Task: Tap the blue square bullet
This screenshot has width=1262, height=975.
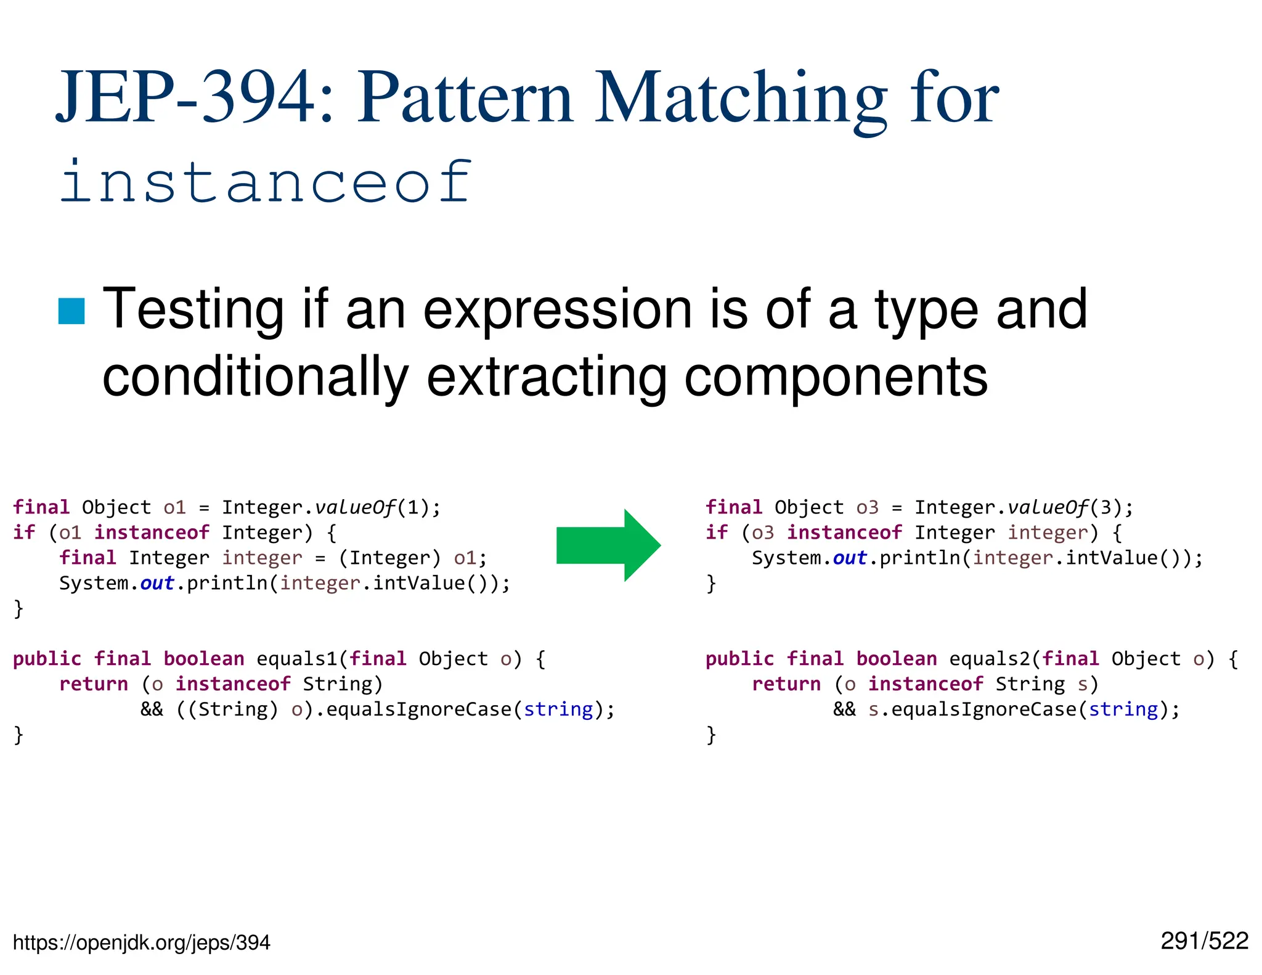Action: click(71, 311)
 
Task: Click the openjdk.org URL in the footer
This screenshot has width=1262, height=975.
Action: click(141, 942)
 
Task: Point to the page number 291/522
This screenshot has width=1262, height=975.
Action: click(1204, 941)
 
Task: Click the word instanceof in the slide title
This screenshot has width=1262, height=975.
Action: click(266, 181)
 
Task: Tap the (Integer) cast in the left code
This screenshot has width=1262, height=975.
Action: click(390, 558)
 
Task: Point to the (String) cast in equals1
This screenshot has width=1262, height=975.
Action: click(227, 709)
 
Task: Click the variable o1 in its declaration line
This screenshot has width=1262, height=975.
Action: click(174, 507)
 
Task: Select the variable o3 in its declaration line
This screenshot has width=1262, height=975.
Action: click(867, 507)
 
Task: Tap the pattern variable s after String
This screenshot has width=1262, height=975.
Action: click(1083, 684)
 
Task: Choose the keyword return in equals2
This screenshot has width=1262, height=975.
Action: click(786, 684)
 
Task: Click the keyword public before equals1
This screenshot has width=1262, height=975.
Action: click(47, 659)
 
